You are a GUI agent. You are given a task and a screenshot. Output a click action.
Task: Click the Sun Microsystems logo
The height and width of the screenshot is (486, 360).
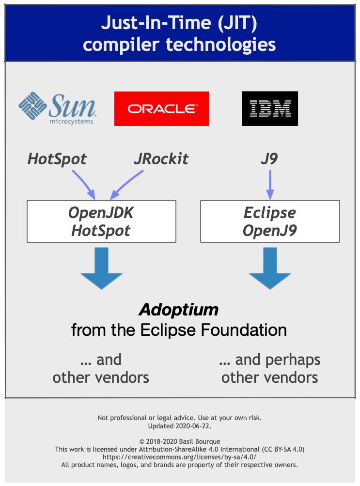pos(57,109)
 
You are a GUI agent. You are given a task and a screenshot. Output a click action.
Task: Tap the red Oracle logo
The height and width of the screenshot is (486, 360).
pos(161,109)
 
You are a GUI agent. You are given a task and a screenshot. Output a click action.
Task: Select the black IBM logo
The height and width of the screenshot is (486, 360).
pos(270,109)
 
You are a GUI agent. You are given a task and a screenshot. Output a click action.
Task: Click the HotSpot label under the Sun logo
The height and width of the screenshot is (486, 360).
pos(57,159)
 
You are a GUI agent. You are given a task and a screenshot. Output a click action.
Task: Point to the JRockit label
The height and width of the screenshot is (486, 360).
pos(161,159)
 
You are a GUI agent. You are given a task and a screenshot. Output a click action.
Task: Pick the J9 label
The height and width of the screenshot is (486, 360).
pos(269,159)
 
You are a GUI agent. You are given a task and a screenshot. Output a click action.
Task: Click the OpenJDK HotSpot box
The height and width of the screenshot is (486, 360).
pos(101,221)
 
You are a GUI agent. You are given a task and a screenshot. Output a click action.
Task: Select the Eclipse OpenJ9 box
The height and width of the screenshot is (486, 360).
pos(270,221)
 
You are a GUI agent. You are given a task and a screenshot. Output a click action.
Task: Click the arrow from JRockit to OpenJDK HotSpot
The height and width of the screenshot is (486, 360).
pos(127,185)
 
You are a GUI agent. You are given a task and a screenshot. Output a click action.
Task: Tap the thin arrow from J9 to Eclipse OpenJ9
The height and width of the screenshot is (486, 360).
pos(270,185)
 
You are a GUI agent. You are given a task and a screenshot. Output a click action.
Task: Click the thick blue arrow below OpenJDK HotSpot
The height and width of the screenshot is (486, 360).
pos(101,268)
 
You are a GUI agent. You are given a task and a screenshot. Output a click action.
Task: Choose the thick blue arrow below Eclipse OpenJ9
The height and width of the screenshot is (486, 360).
pos(270,268)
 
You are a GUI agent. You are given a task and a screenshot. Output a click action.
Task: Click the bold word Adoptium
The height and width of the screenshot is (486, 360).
pos(179,310)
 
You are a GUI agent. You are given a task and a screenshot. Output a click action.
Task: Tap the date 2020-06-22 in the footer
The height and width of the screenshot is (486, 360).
pos(193,426)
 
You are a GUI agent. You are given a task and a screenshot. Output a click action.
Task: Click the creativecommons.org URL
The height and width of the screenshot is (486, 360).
pos(179,457)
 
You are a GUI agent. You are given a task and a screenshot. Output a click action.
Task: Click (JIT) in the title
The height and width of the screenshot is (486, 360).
pos(237,23)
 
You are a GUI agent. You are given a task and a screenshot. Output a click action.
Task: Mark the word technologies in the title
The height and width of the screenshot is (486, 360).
pos(221,45)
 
